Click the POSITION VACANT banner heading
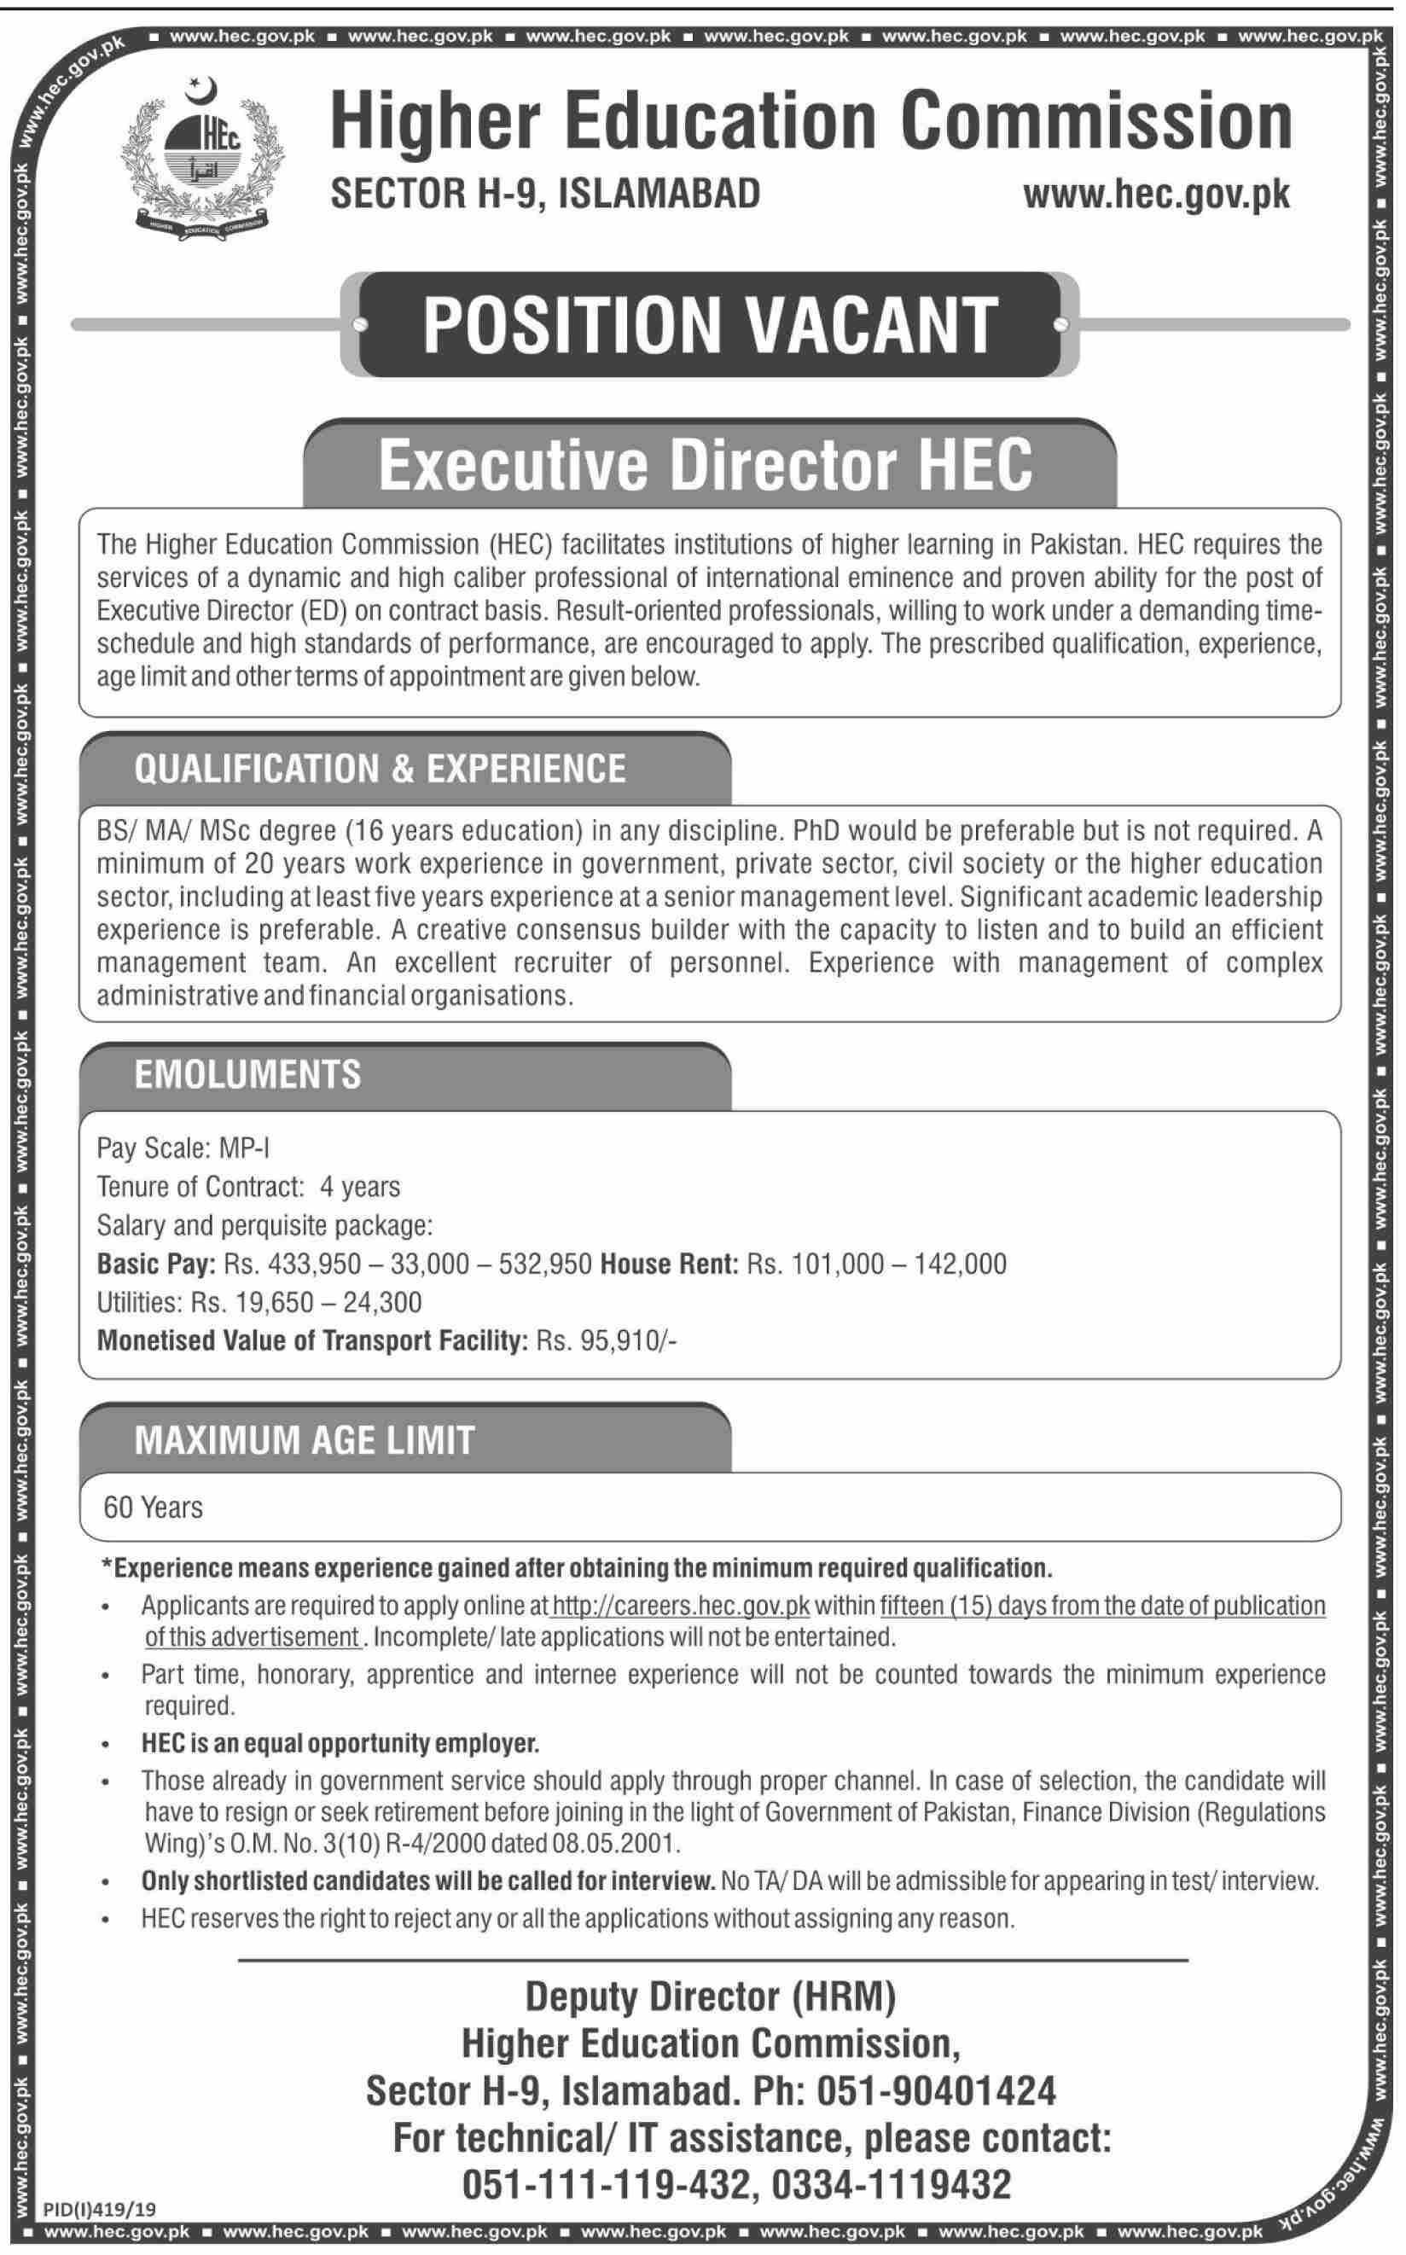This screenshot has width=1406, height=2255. (x=710, y=324)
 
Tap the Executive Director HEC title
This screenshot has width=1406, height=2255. (x=705, y=465)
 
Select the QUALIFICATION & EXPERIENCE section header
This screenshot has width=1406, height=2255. (x=380, y=769)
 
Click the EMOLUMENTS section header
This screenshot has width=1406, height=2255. (x=247, y=1074)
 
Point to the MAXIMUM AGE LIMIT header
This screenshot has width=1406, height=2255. (x=304, y=1440)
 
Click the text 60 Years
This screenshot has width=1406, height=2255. (x=153, y=1508)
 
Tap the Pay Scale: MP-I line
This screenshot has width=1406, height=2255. (x=183, y=1148)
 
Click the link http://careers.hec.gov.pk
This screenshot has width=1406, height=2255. (x=681, y=1606)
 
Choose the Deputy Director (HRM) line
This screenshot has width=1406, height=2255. (x=711, y=1997)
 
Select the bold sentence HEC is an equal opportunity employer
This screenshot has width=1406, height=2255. (x=340, y=1742)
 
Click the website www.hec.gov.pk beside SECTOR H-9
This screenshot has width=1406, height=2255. (x=1156, y=195)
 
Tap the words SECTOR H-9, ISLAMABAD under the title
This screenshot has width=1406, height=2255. (x=546, y=194)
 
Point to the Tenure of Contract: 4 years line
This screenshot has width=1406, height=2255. (x=248, y=1187)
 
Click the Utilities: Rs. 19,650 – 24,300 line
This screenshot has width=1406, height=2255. (x=259, y=1302)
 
